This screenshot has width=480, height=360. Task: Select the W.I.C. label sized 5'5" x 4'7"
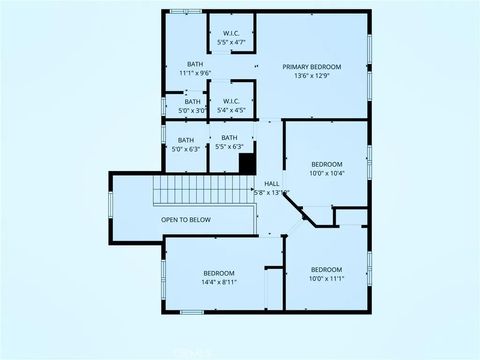230,33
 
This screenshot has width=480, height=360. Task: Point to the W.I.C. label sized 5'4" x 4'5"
230,100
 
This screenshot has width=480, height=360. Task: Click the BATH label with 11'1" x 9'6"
194,64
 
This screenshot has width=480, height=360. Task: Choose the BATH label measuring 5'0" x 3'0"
192,100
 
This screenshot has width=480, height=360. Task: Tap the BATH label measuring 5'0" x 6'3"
186,139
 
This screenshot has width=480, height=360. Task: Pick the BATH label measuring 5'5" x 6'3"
230,137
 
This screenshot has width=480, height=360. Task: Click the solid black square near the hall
247,162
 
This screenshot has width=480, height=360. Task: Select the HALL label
272,183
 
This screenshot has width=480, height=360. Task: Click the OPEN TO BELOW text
186,220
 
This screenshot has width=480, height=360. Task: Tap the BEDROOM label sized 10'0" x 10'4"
326,164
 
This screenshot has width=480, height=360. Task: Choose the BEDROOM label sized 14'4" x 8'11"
219,273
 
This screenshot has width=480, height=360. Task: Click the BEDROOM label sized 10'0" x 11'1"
326,269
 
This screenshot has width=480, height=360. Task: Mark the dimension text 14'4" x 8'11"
219,283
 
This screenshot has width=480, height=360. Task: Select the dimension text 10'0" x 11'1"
326,279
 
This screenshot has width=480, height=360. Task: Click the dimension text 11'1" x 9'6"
194,73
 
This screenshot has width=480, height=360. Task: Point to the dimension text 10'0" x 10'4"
326,174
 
